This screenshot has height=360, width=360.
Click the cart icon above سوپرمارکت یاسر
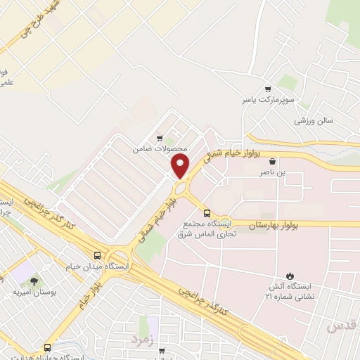coord(267,89)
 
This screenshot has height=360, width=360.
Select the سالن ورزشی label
coord(312,121)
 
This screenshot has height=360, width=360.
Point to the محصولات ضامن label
coord(160,150)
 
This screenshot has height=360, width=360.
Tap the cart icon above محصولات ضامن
coord(160,138)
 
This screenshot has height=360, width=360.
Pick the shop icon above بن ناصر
coord(272,161)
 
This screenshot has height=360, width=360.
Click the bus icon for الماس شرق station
coord(206,213)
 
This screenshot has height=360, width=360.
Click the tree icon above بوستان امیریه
coord(34,281)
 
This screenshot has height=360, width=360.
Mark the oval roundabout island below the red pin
coord(181,188)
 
